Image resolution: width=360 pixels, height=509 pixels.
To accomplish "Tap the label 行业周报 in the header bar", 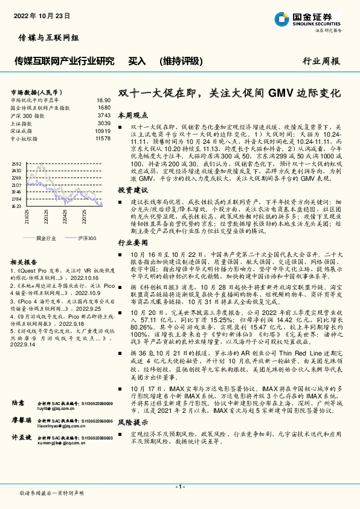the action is pyautogui.click(x=321, y=61).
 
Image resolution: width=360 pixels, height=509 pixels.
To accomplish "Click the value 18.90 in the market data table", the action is pyautogui.click(x=103, y=100).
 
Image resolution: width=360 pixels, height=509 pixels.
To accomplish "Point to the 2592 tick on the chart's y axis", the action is pyautogui.click(x=16, y=164).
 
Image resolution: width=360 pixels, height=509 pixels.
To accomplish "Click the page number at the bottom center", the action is pyautogui.click(x=180, y=487).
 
